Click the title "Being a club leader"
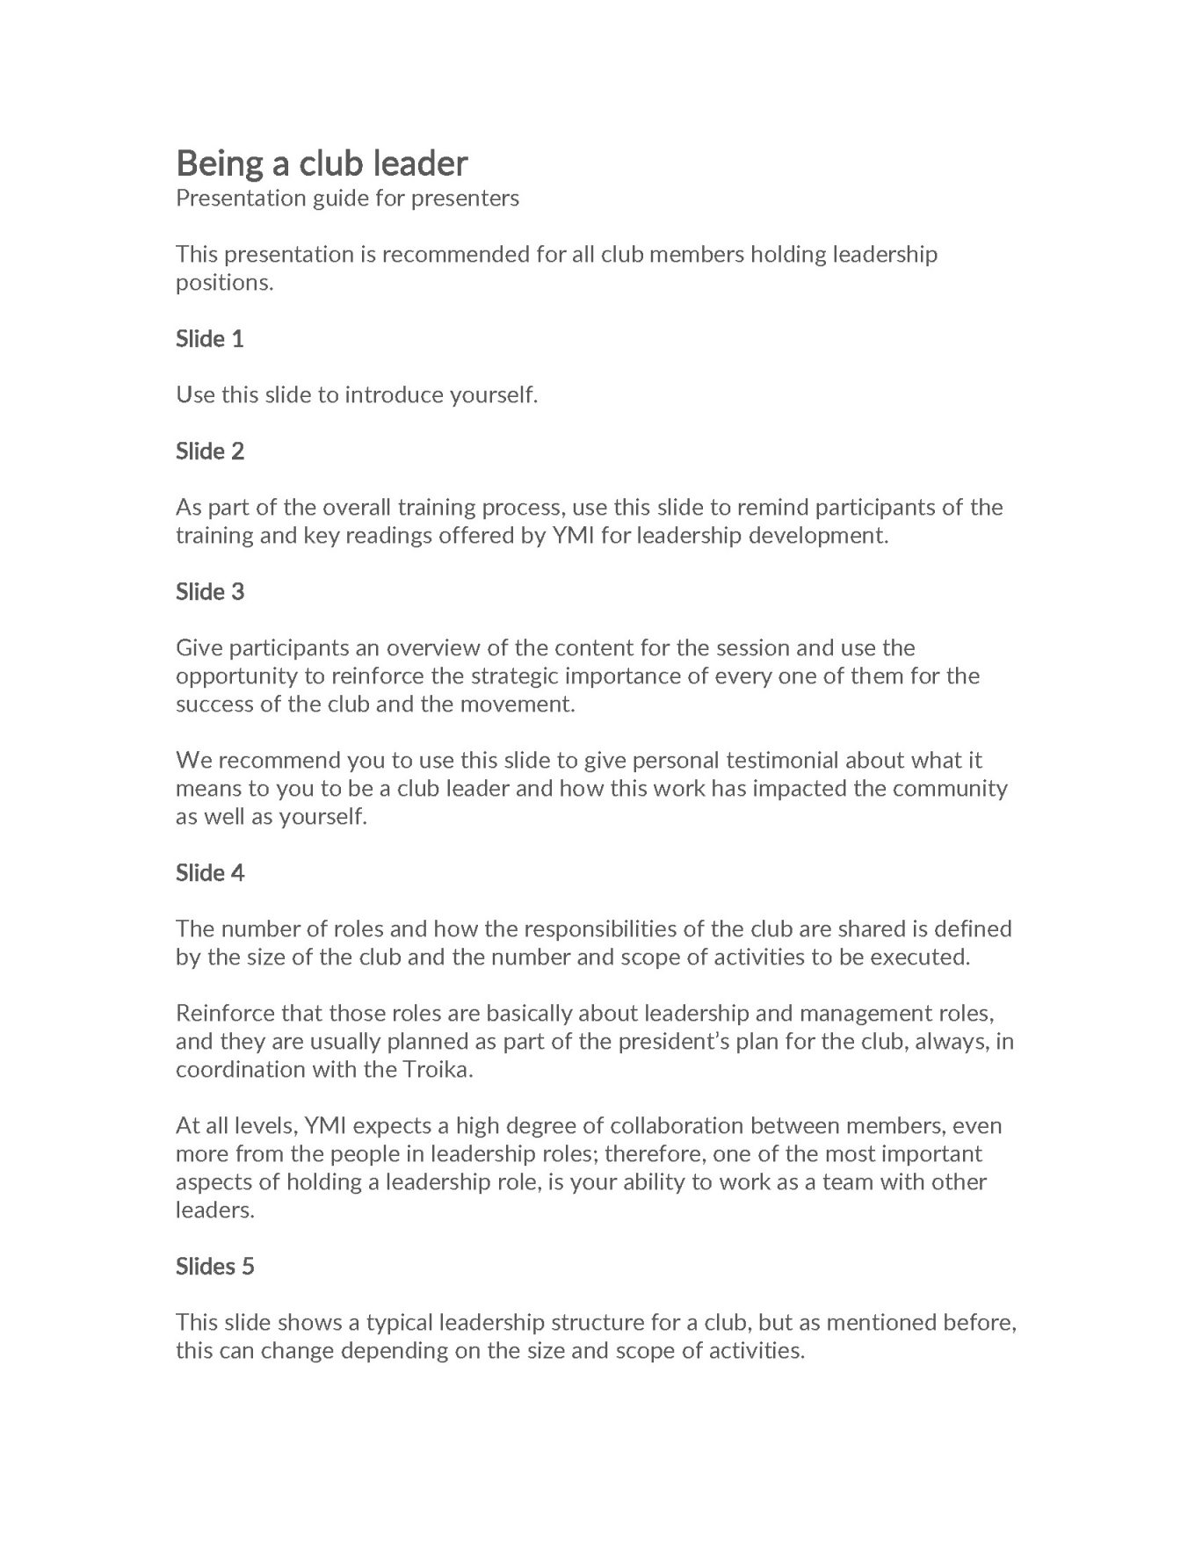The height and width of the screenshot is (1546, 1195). (322, 163)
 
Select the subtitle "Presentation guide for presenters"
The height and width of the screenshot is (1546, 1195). (347, 199)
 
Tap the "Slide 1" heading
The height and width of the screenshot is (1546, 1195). (210, 339)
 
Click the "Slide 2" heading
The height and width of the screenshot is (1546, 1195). (210, 452)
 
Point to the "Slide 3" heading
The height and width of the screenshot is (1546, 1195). (210, 592)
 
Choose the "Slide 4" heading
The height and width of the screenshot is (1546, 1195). (210, 873)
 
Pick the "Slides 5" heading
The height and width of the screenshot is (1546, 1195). (215, 1267)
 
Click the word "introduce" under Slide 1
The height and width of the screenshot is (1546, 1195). (395, 395)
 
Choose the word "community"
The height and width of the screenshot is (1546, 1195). (950, 789)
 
